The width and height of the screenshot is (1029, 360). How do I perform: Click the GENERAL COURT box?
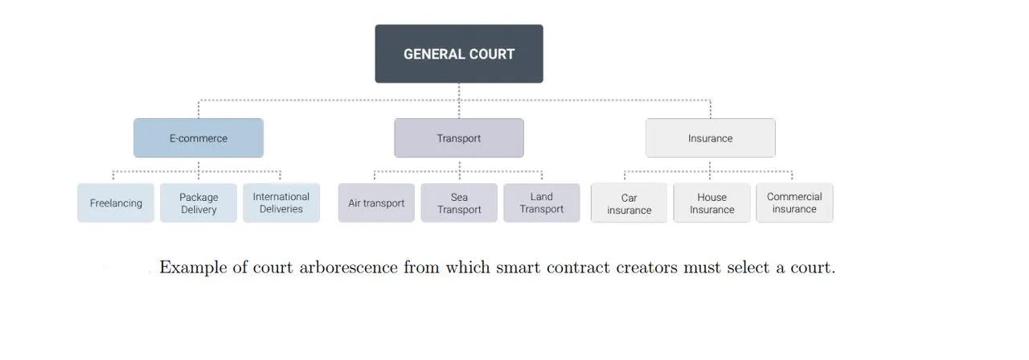pos(459,54)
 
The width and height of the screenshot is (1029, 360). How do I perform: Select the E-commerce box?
pos(199,137)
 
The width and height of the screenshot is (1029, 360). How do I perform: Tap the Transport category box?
pos(459,137)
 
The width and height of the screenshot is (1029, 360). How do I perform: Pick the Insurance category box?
pos(710,137)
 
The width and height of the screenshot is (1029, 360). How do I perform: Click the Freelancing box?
pos(116,203)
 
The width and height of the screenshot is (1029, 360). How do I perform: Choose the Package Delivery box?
pos(199,203)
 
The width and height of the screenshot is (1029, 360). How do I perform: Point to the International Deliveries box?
pos(281,203)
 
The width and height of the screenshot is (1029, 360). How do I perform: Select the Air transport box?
pos(376,203)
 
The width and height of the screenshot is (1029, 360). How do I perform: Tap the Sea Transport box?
pos(459,203)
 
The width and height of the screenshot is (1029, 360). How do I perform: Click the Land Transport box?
pos(542,203)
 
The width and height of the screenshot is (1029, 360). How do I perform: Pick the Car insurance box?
pos(629,203)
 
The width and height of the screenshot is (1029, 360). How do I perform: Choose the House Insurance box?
pos(711,203)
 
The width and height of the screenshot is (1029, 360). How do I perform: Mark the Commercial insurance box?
pos(794,203)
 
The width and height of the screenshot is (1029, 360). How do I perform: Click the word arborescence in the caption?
pos(349,268)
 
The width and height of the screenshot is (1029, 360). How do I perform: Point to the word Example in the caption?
pos(193,268)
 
